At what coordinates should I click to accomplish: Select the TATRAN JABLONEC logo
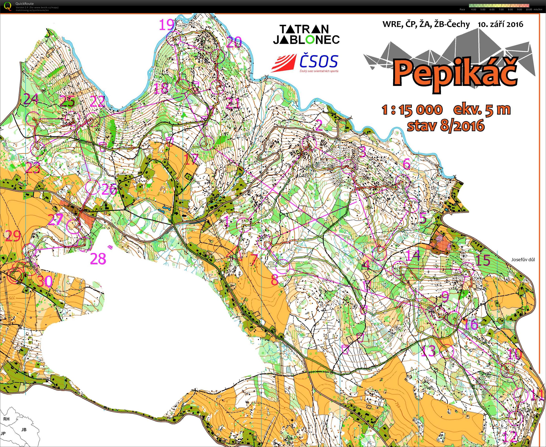(306, 34)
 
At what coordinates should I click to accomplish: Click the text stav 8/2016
(445, 126)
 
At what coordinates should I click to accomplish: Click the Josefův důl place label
(523, 259)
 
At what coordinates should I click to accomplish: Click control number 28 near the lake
(98, 259)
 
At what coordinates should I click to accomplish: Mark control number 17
(192, 159)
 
